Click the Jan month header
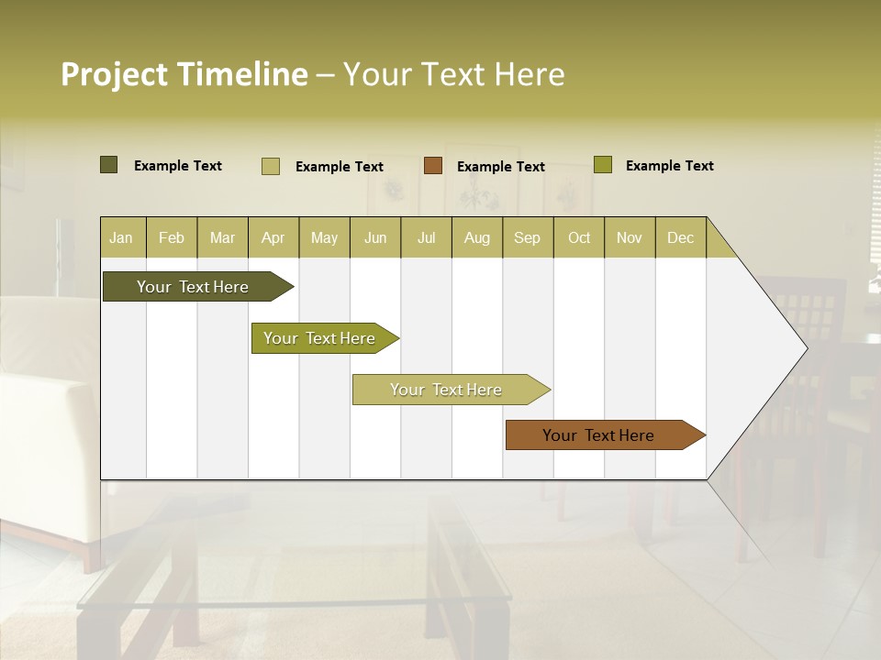click(x=121, y=237)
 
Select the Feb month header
click(x=172, y=237)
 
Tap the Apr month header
click(x=273, y=237)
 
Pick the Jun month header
click(x=375, y=237)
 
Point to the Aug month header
click(x=476, y=237)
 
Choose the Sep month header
click(x=527, y=237)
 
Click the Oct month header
click(x=579, y=237)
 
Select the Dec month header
click(x=680, y=237)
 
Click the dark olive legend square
click(x=108, y=165)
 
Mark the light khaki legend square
click(x=271, y=166)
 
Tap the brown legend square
click(x=433, y=166)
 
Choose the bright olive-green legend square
click(x=603, y=165)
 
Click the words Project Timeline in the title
click(x=184, y=74)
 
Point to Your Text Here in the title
click(x=453, y=74)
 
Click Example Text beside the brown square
click(x=500, y=166)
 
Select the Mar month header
click(x=222, y=237)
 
